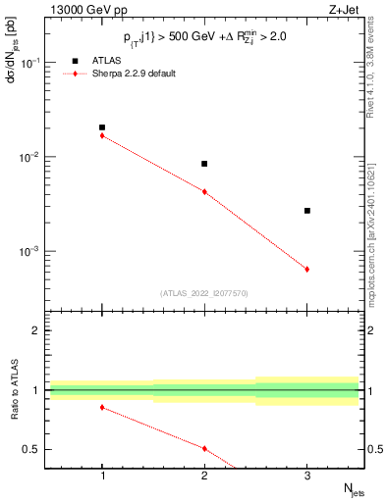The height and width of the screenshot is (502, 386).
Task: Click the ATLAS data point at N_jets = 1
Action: click(102, 127)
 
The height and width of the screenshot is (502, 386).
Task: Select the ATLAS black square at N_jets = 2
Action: click(204, 164)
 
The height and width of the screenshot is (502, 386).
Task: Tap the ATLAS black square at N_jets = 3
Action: click(307, 211)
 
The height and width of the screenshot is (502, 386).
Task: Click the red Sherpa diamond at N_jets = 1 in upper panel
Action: click(102, 135)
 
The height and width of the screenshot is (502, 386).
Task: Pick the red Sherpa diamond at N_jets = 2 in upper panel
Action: click(204, 192)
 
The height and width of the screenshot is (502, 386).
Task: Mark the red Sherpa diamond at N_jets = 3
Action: click(307, 269)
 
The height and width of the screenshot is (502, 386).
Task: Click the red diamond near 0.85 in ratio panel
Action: click(102, 407)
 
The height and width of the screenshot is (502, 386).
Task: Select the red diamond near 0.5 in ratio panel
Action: click(204, 448)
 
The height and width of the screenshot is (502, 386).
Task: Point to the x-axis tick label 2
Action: click(204, 476)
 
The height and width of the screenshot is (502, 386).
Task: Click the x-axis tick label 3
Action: click(307, 476)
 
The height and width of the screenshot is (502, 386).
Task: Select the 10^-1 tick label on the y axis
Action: click(33, 63)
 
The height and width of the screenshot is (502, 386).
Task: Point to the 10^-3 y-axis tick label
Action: click(33, 252)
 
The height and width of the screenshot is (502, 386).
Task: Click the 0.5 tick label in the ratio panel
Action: click(35, 449)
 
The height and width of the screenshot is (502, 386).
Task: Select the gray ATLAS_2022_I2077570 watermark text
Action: click(204, 292)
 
